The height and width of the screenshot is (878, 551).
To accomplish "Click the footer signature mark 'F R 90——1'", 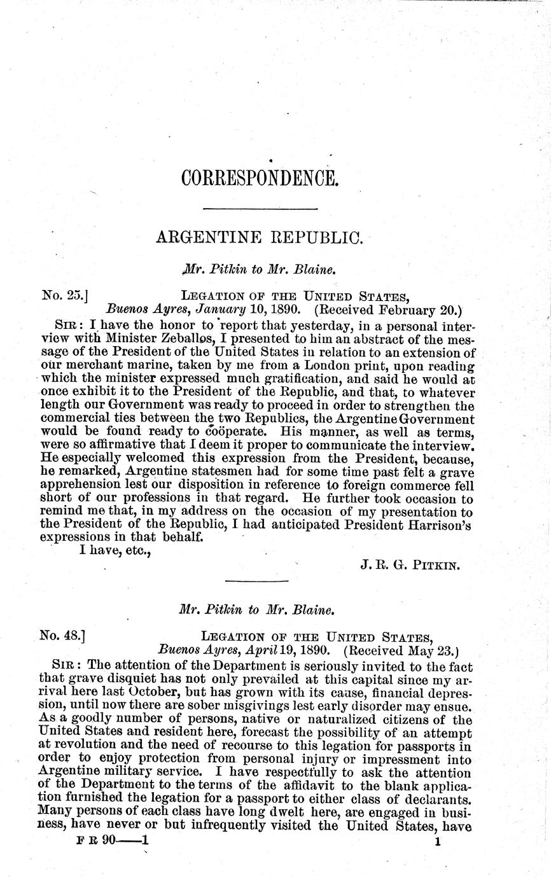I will pyautogui.click(x=112, y=840).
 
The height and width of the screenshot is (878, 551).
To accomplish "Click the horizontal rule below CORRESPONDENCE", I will pyautogui.click(x=259, y=208).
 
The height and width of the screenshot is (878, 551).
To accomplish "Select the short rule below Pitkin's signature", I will pyautogui.click(x=257, y=580).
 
